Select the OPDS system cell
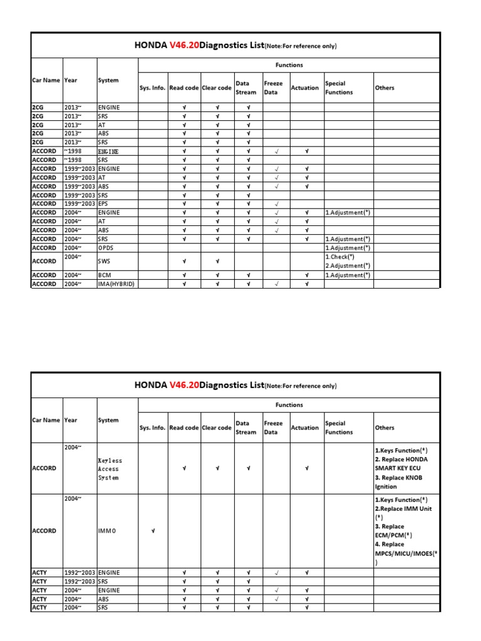coord(107,248)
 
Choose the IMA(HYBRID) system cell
coord(116,284)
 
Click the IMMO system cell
coord(107,531)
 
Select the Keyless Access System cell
coord(110,469)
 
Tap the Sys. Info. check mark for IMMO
coord(153,531)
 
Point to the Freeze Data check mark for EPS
coord(276,204)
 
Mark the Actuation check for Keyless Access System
coord(307,468)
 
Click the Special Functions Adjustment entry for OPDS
coord(348,248)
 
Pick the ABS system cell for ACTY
coord(104,599)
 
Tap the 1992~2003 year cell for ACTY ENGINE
coord(80,573)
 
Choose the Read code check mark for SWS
coord(184,261)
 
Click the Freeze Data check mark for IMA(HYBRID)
coord(276,284)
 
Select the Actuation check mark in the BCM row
coord(307,275)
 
